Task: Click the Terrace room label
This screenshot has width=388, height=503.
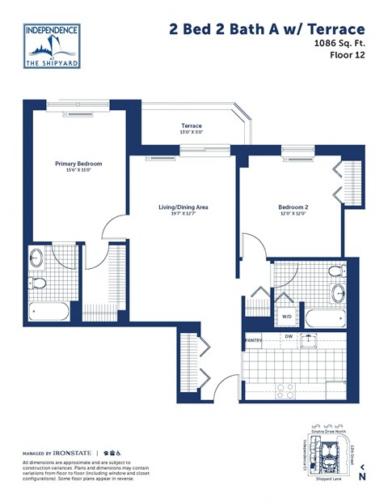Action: point(191,127)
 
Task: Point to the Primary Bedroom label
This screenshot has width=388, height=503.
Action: point(78,164)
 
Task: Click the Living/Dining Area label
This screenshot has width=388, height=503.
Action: point(183,208)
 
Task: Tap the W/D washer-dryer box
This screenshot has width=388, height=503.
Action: point(287,317)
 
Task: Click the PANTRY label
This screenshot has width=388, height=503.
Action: point(254,341)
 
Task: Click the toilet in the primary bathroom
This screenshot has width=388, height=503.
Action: point(36,283)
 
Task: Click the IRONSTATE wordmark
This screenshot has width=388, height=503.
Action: point(73,453)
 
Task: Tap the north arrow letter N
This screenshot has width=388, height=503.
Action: point(363,476)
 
